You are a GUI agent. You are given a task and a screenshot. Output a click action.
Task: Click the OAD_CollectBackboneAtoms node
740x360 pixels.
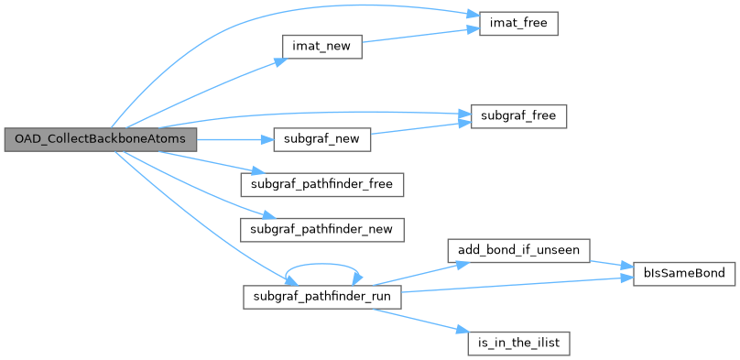(101, 139)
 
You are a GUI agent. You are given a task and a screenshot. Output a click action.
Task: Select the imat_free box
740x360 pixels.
(518, 23)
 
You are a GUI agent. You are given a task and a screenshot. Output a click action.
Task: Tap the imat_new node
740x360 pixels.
(321, 47)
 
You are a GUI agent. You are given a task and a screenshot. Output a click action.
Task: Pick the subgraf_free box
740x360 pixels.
(518, 116)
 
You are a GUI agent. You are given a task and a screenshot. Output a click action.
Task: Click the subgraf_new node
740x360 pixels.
(321, 139)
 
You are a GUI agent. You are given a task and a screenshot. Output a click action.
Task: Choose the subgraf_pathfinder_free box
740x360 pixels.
(321, 184)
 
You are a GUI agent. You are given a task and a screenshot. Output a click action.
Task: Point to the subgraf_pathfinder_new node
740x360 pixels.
(321, 230)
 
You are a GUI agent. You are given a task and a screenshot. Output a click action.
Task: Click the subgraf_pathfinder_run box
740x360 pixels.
(321, 297)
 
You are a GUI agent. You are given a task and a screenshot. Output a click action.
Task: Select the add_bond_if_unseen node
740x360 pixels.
(518, 251)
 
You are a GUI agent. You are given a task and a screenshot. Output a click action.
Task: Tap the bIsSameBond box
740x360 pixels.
(684, 274)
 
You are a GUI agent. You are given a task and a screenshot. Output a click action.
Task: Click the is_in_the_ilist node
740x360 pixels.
(518, 343)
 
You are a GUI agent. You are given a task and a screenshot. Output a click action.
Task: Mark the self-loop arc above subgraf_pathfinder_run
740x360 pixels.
(322, 264)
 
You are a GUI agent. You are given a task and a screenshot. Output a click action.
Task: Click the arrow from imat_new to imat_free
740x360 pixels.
(420, 36)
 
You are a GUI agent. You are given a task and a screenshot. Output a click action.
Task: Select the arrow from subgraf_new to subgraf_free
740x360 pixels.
(420, 128)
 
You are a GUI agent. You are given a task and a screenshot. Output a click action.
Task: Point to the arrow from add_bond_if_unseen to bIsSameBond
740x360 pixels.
(611, 264)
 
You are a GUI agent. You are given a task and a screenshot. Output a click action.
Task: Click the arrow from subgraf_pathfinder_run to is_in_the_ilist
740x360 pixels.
(421, 321)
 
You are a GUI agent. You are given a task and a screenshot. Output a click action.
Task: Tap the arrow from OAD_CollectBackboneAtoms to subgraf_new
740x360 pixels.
(235, 139)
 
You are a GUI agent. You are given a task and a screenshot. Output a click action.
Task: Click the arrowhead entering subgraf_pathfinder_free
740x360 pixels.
(256, 170)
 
